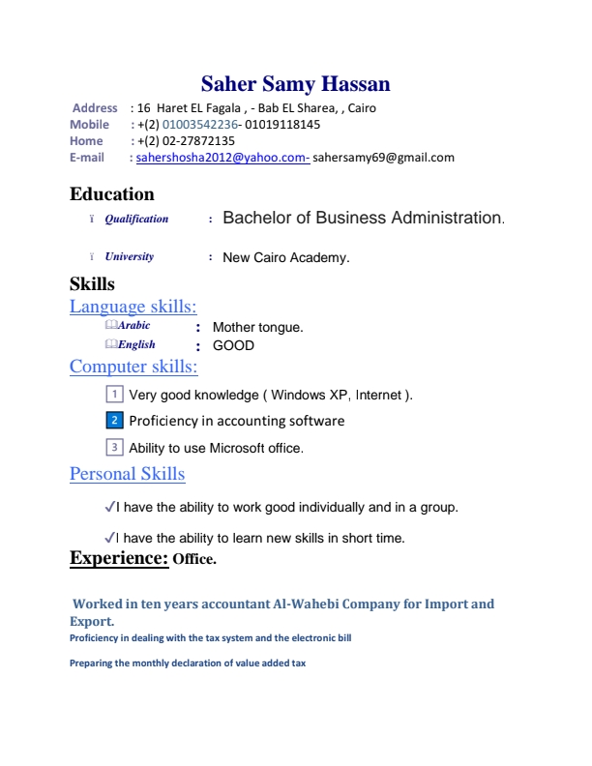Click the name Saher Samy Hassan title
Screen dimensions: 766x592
click(296, 84)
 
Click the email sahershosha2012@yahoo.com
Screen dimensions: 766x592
click(222, 158)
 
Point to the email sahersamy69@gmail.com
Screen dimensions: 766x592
click(383, 158)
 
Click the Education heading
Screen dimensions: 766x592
click(112, 194)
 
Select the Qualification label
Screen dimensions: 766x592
click(136, 220)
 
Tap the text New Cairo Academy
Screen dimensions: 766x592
click(285, 258)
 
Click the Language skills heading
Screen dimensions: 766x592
click(133, 307)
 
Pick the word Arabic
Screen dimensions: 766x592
click(133, 326)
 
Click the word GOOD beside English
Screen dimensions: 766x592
click(233, 345)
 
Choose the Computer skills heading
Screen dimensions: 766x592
click(133, 367)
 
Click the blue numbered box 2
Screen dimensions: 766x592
click(113, 421)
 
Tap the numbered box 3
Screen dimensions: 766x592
click(113, 448)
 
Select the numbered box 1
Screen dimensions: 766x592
click(113, 395)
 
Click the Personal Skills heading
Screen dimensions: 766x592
click(127, 474)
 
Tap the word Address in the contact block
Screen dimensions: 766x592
click(95, 108)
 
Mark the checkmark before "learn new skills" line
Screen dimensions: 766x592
click(108, 538)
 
